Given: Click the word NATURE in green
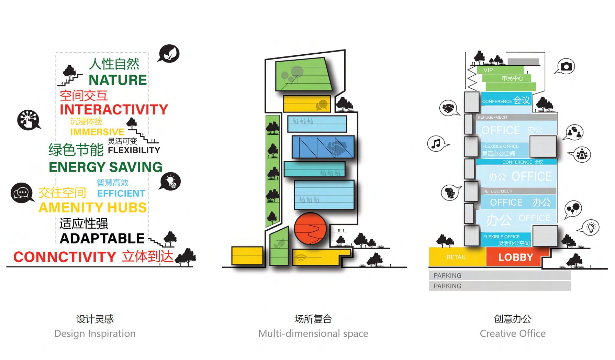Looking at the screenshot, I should (118, 80).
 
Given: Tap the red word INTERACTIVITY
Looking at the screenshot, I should (114, 110).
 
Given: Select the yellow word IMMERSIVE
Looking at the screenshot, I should (97, 132).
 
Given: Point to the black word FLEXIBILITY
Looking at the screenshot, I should (134, 150).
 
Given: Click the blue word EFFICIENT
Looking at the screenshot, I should (121, 194).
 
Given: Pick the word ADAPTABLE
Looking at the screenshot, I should (102, 239).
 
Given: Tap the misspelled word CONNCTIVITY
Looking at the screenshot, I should (65, 257).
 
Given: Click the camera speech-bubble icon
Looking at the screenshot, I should (566, 66).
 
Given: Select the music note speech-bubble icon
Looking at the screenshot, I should (437, 143).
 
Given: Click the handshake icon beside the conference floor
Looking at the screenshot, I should (449, 108).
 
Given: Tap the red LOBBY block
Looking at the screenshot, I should (515, 257).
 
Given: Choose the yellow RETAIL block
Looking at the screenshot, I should (457, 257).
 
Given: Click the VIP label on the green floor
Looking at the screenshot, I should (488, 70).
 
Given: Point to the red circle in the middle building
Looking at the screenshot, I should (310, 229).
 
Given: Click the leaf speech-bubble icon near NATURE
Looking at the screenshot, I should (169, 54).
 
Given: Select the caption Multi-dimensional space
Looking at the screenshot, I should (313, 334).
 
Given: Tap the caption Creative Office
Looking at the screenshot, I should (512, 334).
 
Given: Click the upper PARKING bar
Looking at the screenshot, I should (500, 275).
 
